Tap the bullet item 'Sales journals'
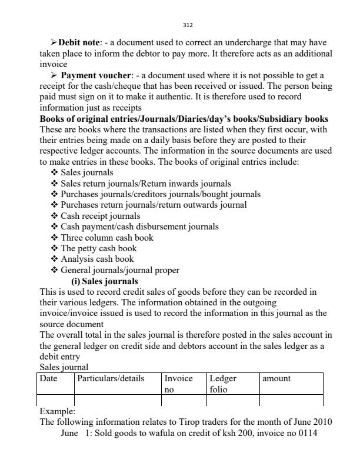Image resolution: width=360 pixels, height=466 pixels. pyautogui.click(x=87, y=172)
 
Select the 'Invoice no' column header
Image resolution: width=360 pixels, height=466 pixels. pyautogui.click(x=178, y=384)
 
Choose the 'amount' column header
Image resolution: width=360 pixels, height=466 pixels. pyautogui.click(x=276, y=379)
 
